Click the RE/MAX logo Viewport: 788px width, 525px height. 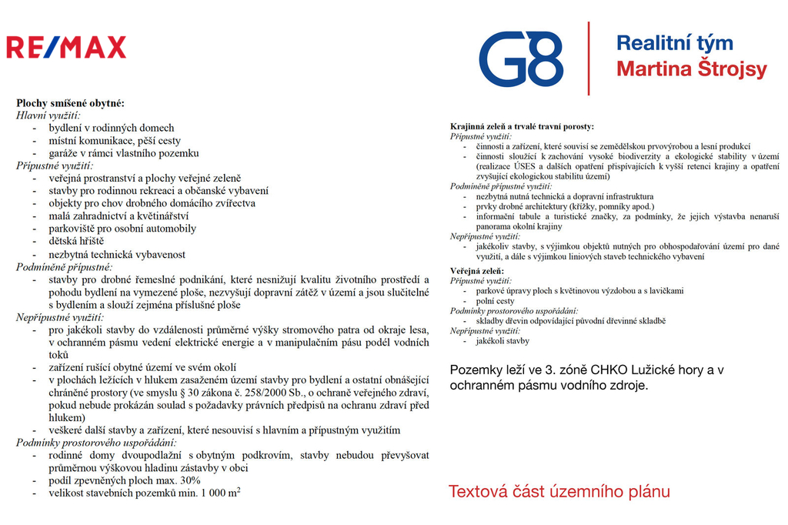tap(66, 48)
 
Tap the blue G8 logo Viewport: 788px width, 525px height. tap(521, 59)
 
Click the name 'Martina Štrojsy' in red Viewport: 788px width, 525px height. tap(692, 69)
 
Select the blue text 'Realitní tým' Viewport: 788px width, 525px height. tap(674, 43)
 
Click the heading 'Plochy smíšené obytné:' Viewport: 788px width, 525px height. tap(70, 102)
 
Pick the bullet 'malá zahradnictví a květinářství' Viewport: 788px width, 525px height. tap(119, 216)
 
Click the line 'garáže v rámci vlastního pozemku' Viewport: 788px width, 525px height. tap(124, 152)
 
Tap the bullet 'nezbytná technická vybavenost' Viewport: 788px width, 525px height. tap(117, 254)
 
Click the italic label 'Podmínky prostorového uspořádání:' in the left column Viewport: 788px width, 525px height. tap(96, 442)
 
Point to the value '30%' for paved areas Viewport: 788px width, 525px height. tap(189, 480)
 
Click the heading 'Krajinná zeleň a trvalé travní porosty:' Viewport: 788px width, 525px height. tap(522, 125)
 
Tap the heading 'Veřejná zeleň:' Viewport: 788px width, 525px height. tap(476, 271)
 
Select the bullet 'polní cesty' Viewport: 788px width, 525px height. tap(496, 301)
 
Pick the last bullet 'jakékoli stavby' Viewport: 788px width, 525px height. tap(503, 340)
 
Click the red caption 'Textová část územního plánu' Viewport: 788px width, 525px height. tap(559, 491)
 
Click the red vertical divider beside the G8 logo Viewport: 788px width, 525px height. tap(589, 58)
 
